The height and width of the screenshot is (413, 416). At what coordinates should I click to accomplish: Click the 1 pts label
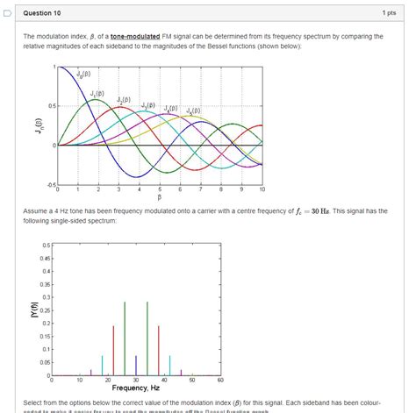(389, 14)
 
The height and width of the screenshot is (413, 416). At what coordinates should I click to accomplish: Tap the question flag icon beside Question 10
(7, 14)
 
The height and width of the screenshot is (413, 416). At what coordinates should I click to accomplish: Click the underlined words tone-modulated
(135, 36)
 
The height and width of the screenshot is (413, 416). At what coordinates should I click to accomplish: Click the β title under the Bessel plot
(161, 196)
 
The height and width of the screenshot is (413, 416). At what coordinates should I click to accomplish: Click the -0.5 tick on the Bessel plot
(51, 183)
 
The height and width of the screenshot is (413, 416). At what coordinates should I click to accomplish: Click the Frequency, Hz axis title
(135, 388)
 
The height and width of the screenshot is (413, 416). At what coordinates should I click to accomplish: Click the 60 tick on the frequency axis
(220, 380)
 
